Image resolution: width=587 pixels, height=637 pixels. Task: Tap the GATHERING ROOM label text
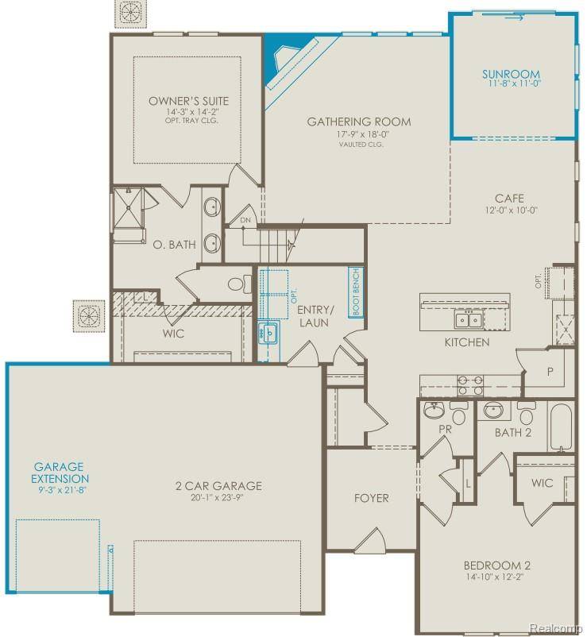pyautogui.click(x=359, y=122)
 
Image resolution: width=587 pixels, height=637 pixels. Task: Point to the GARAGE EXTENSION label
pyautogui.click(x=60, y=473)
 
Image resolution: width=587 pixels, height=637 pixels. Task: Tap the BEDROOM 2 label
pyautogui.click(x=497, y=566)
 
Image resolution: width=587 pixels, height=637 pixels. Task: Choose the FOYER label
pyautogui.click(x=371, y=498)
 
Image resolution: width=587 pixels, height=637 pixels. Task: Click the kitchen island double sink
pyautogui.click(x=467, y=319)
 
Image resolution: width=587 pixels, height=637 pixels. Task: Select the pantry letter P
pyautogui.click(x=547, y=370)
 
